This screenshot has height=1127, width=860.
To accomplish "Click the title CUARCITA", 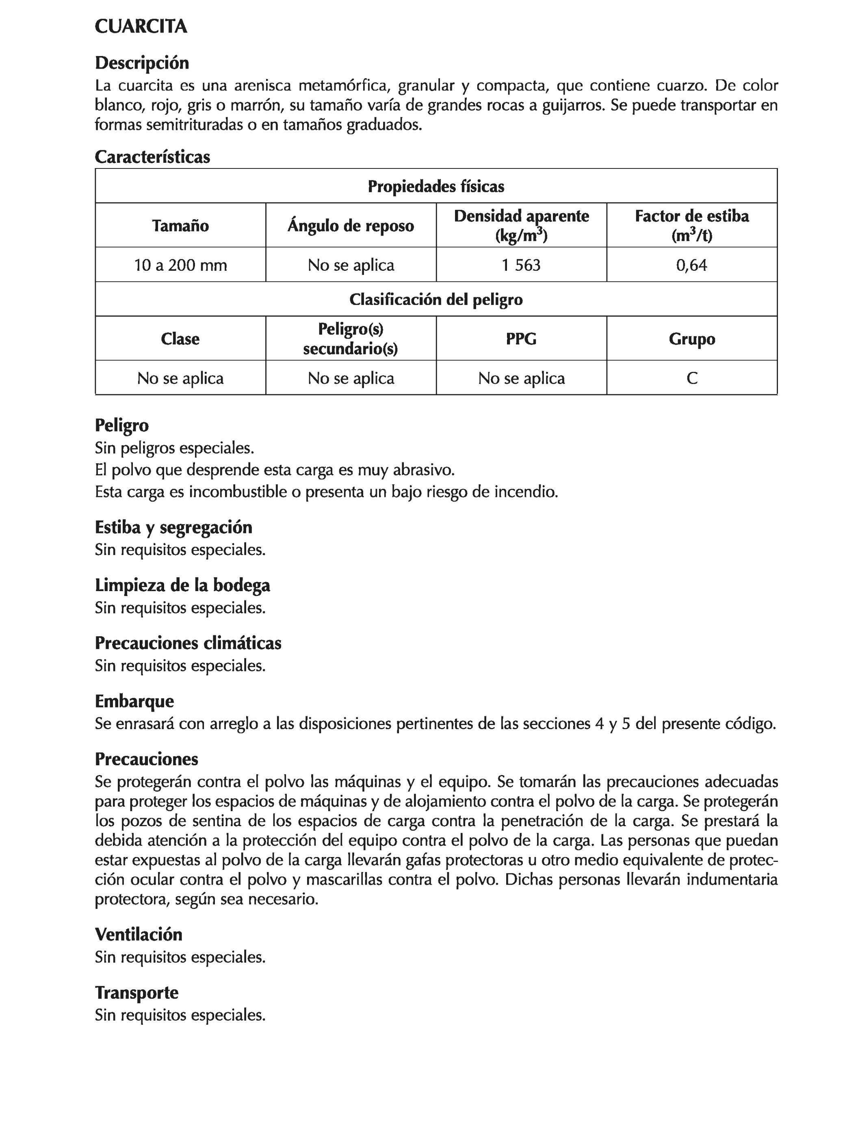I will [x=141, y=27].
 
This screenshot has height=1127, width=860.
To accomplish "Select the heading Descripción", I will [x=142, y=63].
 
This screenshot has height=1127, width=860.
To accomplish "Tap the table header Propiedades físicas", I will [x=435, y=186].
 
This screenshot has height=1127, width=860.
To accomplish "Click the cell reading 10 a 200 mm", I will [x=180, y=265].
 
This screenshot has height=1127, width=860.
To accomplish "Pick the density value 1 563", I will [x=521, y=265].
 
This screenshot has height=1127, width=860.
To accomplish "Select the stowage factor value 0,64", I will [x=691, y=265].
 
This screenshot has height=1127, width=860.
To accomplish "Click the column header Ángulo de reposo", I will [x=351, y=226].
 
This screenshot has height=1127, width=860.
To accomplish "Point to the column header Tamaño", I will [x=180, y=226].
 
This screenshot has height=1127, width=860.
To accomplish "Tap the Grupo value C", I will [x=691, y=378].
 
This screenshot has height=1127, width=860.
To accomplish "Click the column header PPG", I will [x=521, y=339].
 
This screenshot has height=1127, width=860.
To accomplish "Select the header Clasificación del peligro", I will [x=435, y=299].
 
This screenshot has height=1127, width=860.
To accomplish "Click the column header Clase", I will [x=180, y=339].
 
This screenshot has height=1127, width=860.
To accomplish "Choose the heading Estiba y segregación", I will [x=173, y=527].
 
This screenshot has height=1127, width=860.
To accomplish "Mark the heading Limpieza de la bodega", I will [x=182, y=585].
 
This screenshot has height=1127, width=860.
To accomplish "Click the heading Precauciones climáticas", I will [x=188, y=643].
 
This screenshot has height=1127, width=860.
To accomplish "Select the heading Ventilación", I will [x=138, y=935].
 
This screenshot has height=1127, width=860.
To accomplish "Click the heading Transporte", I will [x=136, y=993].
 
